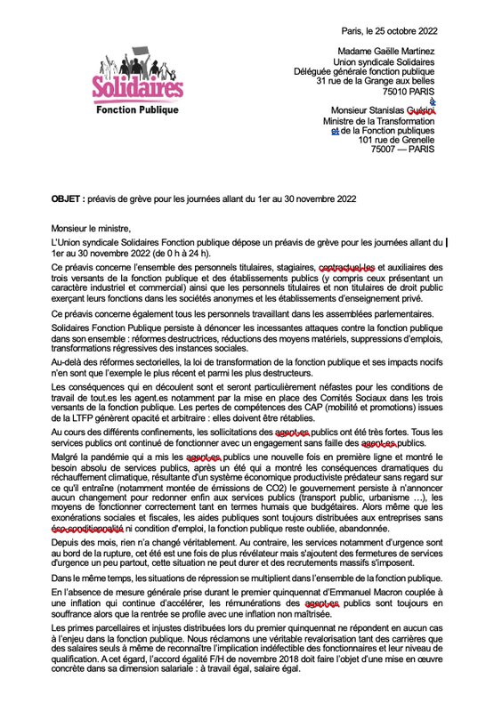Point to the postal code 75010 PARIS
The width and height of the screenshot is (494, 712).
point(409,92)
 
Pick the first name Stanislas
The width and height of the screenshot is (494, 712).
point(368,110)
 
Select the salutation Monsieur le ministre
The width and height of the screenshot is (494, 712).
point(93,228)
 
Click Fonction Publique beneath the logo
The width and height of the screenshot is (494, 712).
point(136,110)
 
